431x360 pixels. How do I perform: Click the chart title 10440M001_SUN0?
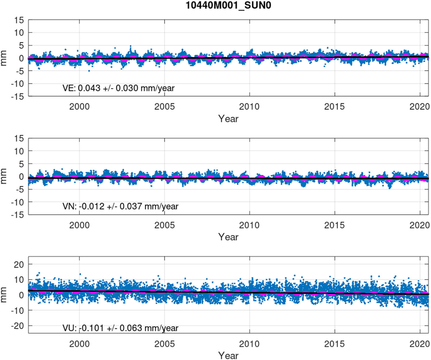(x=228, y=5)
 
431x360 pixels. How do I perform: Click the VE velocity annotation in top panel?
(x=118, y=88)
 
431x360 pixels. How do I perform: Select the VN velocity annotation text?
(x=120, y=206)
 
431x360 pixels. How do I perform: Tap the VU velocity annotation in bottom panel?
(x=120, y=328)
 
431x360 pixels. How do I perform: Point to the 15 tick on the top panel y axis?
(x=19, y=20)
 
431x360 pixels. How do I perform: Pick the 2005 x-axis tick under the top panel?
(x=164, y=107)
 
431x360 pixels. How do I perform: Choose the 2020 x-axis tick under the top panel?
(x=419, y=107)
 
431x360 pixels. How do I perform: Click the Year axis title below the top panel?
(x=228, y=119)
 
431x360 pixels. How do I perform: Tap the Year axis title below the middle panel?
(x=228, y=237)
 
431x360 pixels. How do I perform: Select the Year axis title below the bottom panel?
(x=228, y=355)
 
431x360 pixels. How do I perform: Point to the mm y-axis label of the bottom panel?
(x=4, y=294)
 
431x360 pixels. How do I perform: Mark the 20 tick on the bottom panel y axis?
(x=19, y=265)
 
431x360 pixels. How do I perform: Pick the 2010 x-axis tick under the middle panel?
(x=249, y=225)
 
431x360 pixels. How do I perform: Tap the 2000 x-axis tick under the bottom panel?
(x=79, y=344)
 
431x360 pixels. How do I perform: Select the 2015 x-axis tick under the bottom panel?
(x=334, y=344)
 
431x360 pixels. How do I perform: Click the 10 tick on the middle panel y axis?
(x=19, y=151)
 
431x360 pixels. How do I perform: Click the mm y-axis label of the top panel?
(x=4, y=58)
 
